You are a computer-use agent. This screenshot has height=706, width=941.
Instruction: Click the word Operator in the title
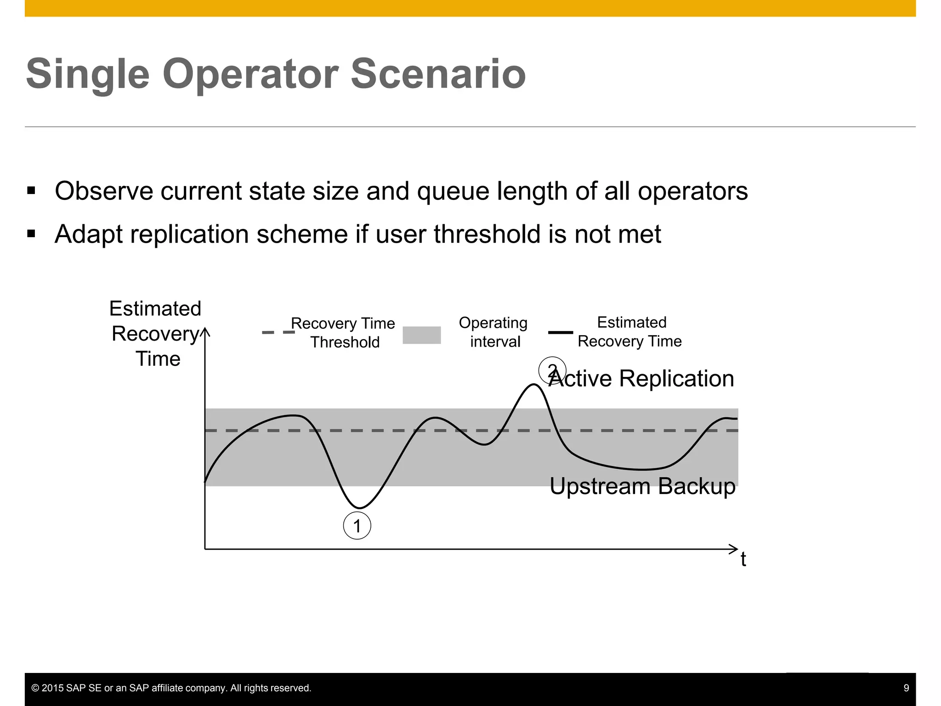tap(250, 74)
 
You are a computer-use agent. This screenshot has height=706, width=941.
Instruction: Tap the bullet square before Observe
tap(31, 191)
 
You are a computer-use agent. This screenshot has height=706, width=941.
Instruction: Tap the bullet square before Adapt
tap(31, 234)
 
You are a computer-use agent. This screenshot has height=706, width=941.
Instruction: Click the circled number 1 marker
tap(357, 526)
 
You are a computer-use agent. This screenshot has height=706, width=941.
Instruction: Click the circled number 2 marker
tap(552, 370)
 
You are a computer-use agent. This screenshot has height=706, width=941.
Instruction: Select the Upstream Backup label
tap(642, 486)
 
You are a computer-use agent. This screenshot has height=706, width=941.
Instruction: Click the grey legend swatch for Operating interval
tap(421, 335)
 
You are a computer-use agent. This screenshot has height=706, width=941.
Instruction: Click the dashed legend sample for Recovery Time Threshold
tap(278, 332)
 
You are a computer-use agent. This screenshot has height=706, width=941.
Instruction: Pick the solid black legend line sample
tap(561, 332)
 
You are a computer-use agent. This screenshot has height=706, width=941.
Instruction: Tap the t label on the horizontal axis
tap(743, 560)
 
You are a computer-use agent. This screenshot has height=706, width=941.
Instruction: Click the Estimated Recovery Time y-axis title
tap(155, 333)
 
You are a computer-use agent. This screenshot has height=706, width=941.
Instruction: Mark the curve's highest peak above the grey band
tap(534, 385)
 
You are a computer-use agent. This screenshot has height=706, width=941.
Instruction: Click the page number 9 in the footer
tap(906, 688)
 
